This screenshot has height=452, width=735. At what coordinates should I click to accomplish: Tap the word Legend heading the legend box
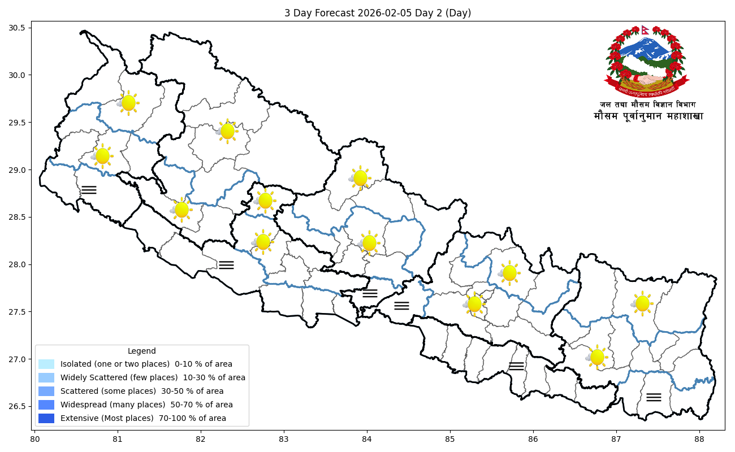141,351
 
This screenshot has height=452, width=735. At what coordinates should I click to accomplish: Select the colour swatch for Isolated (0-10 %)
46,364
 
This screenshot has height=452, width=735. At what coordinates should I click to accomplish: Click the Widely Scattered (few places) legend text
153,377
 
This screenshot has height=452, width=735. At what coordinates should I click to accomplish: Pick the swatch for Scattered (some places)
46,391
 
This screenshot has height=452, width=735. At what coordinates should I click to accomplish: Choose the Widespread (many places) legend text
146,405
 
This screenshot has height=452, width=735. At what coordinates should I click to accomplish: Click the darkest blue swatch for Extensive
46,418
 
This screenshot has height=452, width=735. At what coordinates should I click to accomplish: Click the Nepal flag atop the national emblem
645,29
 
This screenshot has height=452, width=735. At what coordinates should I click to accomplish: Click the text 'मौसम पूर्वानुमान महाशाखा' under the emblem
648,116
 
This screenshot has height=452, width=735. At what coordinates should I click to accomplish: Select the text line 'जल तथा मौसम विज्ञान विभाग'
648,105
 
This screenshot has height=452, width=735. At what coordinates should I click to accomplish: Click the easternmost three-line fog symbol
654,397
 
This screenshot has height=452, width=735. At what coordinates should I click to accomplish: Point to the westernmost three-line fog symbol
89,190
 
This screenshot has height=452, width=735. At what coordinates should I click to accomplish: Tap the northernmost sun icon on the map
128,103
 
